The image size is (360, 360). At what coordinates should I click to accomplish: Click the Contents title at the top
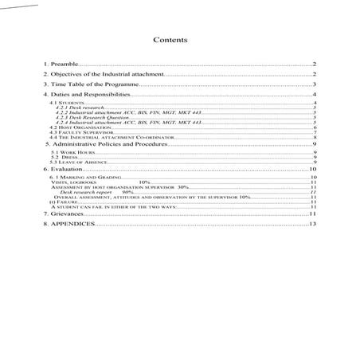(170, 39)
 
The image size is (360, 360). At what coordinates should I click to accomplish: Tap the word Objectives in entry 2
(65, 73)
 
